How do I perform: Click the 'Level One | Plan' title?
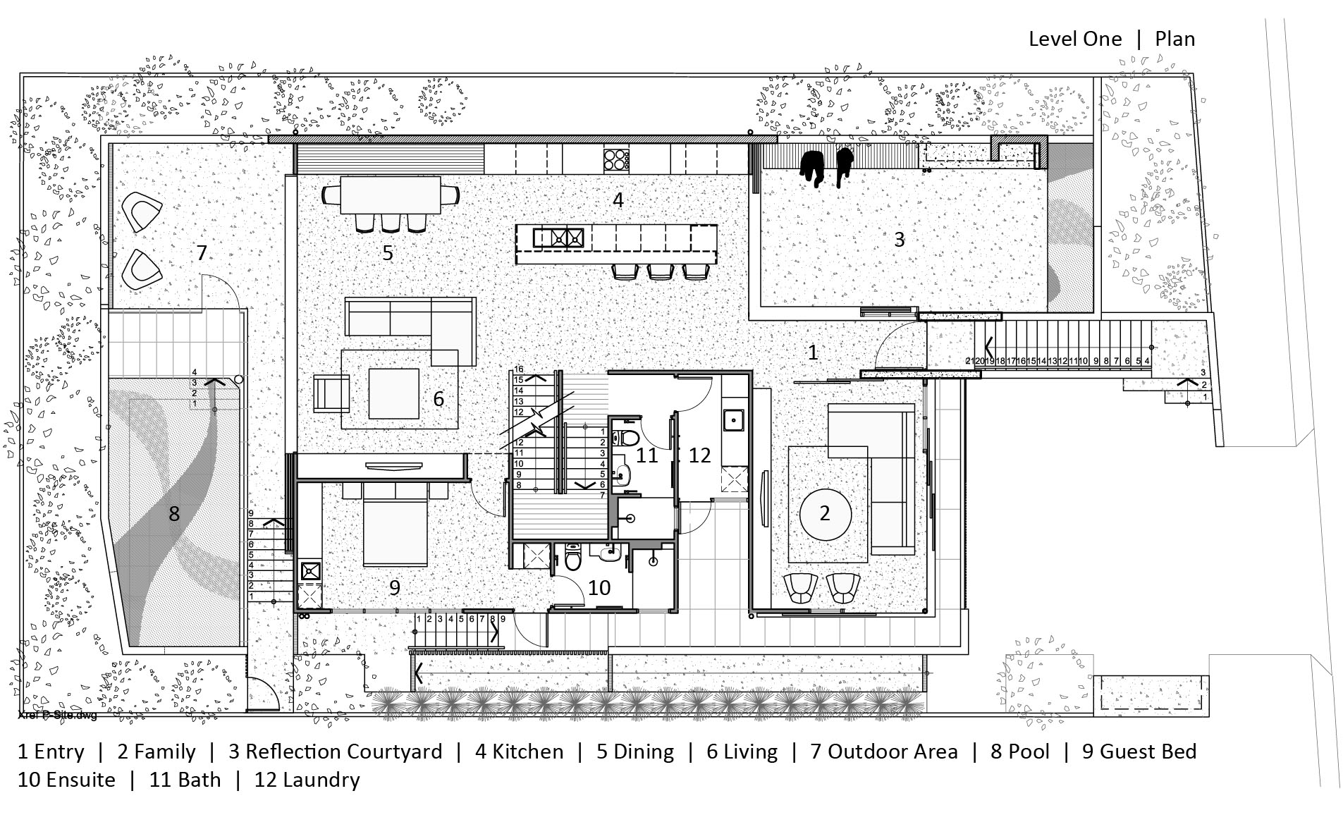point(1111,39)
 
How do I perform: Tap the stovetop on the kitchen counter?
point(616,160)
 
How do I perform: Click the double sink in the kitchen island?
point(558,237)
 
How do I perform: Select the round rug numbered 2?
point(825,514)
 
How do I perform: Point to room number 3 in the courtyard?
point(899,240)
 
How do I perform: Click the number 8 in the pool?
point(173,514)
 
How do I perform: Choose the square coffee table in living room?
point(393,394)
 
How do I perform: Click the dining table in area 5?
point(391,195)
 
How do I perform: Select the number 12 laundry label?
point(699,455)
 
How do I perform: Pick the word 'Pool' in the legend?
point(1029,752)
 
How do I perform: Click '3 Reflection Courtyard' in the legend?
point(335,752)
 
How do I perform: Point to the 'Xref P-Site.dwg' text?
point(56,716)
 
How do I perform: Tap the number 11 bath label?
point(646,455)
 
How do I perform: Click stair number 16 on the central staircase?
point(519,369)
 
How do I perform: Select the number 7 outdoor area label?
point(202,252)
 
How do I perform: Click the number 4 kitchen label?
point(618,200)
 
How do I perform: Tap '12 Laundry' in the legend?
point(307,780)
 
